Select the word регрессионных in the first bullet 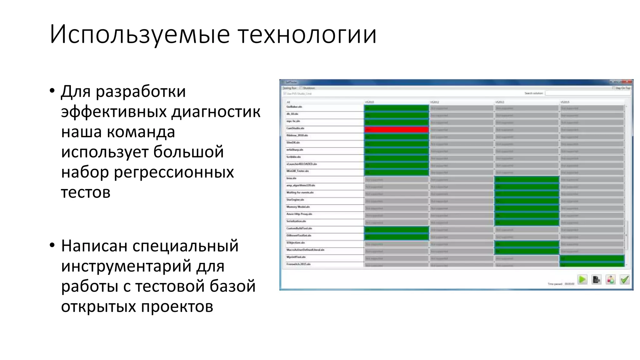click(x=174, y=172)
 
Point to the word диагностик click(x=216, y=112)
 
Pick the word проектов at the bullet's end click(x=177, y=306)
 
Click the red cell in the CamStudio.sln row click(x=396, y=129)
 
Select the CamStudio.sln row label click(x=295, y=128)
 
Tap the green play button click(x=582, y=279)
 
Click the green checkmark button click(x=624, y=279)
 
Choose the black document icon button click(x=596, y=279)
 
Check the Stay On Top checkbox click(x=614, y=88)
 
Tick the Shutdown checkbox click(x=301, y=88)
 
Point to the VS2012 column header click(x=435, y=102)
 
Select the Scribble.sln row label click(x=293, y=157)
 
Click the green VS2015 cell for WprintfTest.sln click(x=592, y=258)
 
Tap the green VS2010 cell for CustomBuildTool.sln click(x=396, y=230)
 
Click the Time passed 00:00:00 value click(x=569, y=284)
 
